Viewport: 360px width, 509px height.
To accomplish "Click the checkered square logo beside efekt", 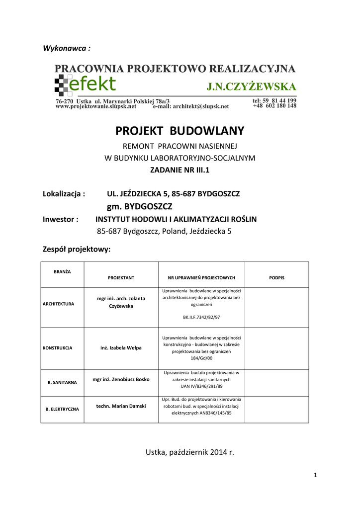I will (x=62, y=85).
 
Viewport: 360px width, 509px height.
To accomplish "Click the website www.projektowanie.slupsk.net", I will (x=96, y=106).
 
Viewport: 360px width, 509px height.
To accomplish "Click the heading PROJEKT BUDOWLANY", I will (x=180, y=131).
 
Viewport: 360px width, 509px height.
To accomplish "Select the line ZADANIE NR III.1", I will (x=180, y=170).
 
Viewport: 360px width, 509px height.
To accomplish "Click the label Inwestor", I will (x=61, y=219).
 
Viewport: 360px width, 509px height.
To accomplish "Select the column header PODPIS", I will (x=276, y=278).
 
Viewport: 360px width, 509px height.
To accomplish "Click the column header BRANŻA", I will (x=62, y=272).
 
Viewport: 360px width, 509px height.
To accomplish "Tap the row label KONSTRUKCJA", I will (x=58, y=348).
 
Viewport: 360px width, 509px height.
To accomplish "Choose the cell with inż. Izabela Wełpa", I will (x=121, y=347).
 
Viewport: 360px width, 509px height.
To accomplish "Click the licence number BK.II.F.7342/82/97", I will (x=201, y=316).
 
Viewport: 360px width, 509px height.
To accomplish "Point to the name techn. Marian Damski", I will (x=121, y=406).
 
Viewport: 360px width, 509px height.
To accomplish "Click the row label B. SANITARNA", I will (x=62, y=383).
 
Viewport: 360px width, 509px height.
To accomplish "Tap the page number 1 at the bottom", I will (x=315, y=476).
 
